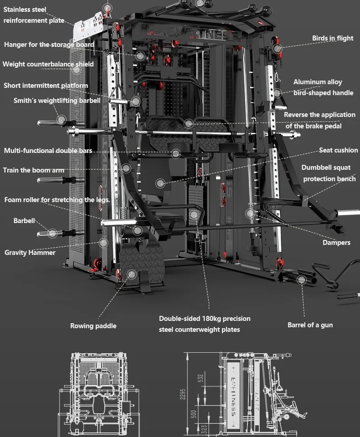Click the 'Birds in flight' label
(333, 38)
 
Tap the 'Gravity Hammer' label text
(30, 253)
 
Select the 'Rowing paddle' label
(93, 325)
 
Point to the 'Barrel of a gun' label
(310, 325)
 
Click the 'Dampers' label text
(336, 243)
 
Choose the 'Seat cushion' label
(338, 150)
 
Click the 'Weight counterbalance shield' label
(48, 64)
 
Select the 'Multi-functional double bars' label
(48, 151)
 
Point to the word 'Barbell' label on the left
(24, 221)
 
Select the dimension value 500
(193, 414)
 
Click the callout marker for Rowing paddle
(131, 274)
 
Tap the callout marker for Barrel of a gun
(301, 279)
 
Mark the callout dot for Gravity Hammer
(103, 243)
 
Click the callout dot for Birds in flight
(278, 48)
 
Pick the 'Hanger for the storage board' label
(49, 45)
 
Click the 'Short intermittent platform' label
(46, 86)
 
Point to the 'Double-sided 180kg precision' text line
(205, 319)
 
